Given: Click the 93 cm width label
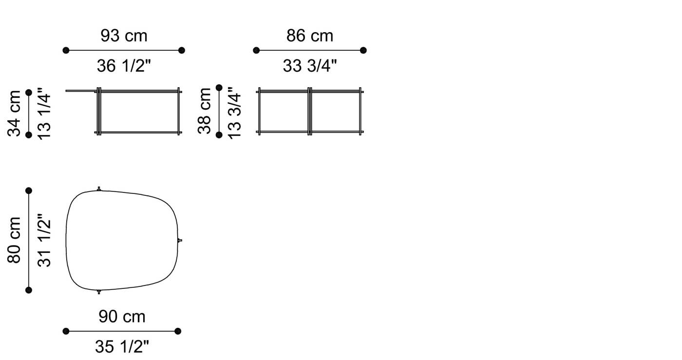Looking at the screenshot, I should pyautogui.click(x=124, y=36).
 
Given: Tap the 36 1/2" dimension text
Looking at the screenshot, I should pyautogui.click(x=124, y=66).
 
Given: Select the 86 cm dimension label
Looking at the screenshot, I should pyautogui.click(x=310, y=36).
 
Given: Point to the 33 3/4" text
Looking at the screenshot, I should pyautogui.click(x=310, y=66).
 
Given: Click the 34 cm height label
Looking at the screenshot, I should pyautogui.click(x=15, y=113).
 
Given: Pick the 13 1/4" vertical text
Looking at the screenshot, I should pyautogui.click(x=44, y=113).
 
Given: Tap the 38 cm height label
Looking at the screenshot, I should pyautogui.click(x=205, y=111).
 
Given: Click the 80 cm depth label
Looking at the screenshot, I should pyautogui.click(x=15, y=240).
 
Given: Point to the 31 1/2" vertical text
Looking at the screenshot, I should pyautogui.click(x=44, y=240).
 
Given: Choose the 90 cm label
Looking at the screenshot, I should pyautogui.click(x=122, y=317).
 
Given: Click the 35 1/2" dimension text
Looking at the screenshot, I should pyautogui.click(x=122, y=347).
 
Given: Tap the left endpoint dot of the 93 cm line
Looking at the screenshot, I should pyautogui.click(x=66, y=50).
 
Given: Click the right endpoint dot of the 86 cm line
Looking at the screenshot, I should pyautogui.click(x=363, y=50).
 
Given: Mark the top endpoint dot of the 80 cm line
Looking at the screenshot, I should pyautogui.click(x=29, y=190).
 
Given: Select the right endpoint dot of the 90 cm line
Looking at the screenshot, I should pyautogui.click(x=178, y=331).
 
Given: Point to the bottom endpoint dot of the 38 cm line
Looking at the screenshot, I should pyautogui.click(x=219, y=134).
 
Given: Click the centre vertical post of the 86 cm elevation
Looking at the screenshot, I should pyautogui.click(x=310, y=111).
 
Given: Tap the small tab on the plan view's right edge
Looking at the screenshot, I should pyautogui.click(x=180, y=240).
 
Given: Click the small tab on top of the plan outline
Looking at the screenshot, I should pyautogui.click(x=99, y=189).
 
